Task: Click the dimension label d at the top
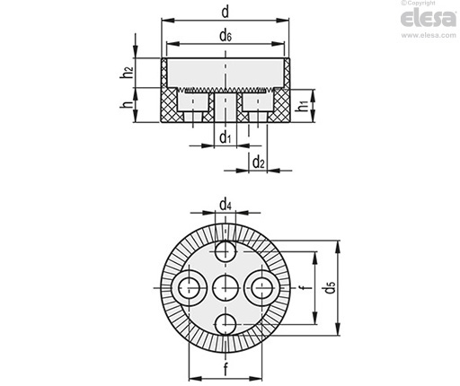226,13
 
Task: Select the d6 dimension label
226,36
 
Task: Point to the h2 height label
127,72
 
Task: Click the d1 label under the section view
226,138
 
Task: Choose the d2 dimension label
259,162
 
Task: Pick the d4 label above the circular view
226,206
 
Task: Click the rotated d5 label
330,288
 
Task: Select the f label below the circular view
226,369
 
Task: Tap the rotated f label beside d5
303,288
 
